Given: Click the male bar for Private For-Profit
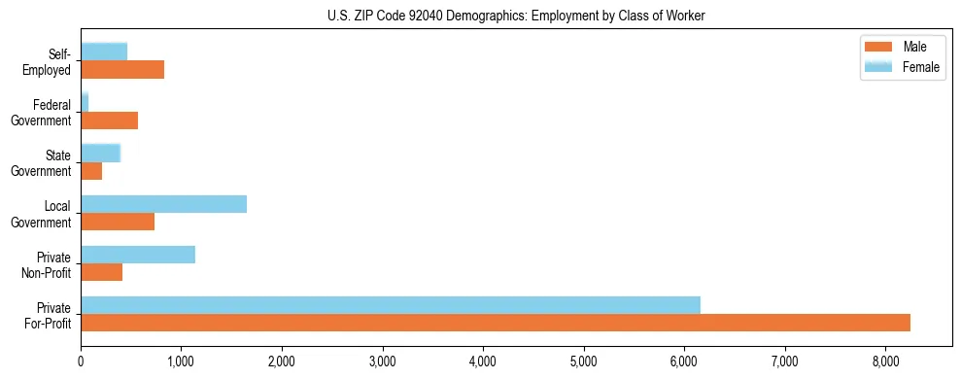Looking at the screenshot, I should [496, 323].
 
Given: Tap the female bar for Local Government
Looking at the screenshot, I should [163, 204].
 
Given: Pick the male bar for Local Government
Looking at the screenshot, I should [118, 222].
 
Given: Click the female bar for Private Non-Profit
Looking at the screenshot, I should [138, 255].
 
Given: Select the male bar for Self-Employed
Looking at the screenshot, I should [122, 70].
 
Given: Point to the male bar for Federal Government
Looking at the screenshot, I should [109, 121].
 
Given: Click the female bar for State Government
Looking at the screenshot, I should [100, 153].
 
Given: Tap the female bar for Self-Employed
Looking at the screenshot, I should [104, 52].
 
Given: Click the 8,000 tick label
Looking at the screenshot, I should [885, 362].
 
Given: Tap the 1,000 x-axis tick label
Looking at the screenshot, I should [181, 362].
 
